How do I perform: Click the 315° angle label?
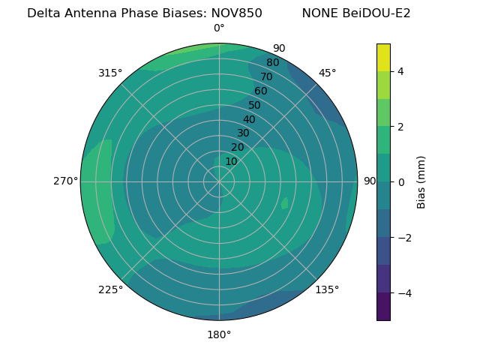[x=110, y=73]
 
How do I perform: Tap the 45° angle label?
[x=327, y=73]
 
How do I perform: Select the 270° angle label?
[x=65, y=181]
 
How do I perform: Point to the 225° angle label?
[x=110, y=289]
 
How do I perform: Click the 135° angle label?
[x=327, y=289]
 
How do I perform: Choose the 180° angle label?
[x=219, y=334]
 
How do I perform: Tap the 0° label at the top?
[x=219, y=28]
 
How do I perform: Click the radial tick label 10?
[x=231, y=161]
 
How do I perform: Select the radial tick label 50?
[x=255, y=105]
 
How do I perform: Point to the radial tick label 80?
[x=272, y=62]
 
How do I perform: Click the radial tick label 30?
[x=243, y=133]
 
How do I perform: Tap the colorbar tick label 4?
[x=401, y=71]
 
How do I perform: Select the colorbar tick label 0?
[x=401, y=182]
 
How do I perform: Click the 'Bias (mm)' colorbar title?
[x=421, y=182]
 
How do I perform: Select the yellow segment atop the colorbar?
[x=383, y=57]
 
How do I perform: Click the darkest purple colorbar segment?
[x=383, y=307]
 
